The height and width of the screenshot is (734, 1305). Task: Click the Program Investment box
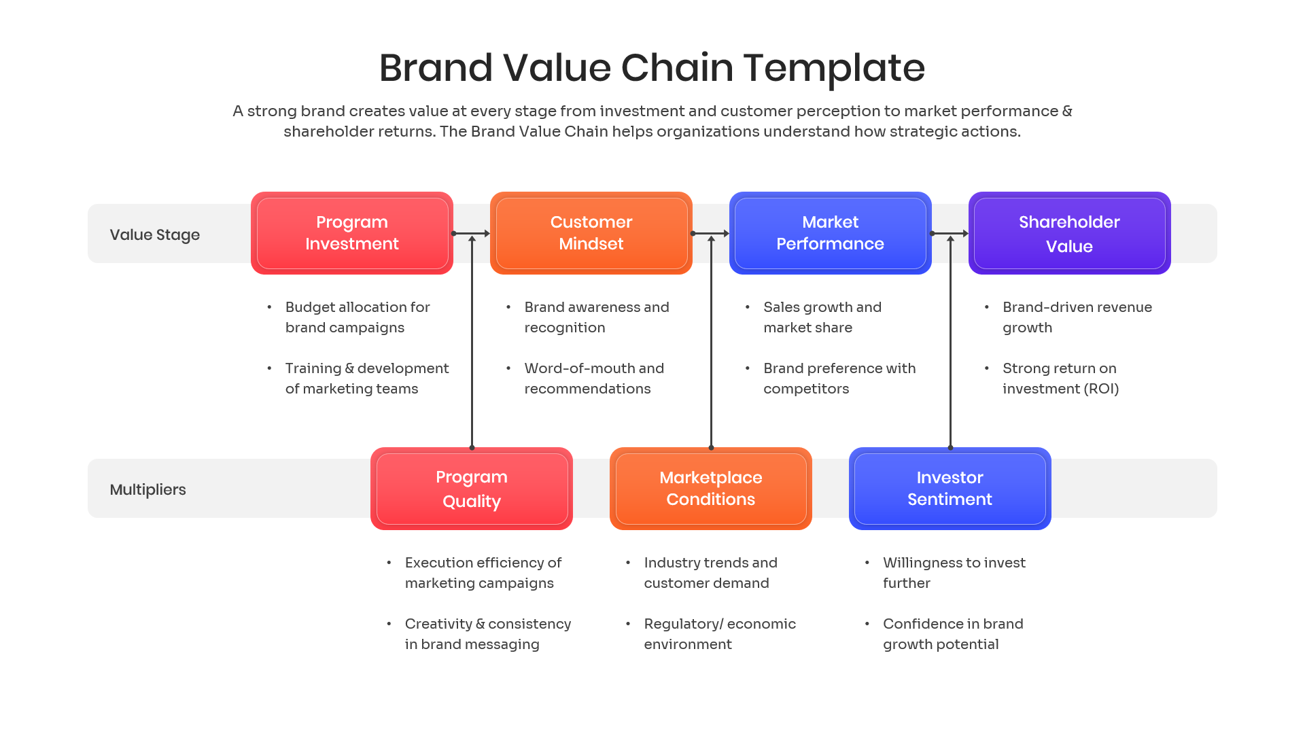tap(351, 233)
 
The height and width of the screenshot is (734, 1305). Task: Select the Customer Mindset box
tap(591, 233)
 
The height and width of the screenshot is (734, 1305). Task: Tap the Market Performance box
tap(830, 233)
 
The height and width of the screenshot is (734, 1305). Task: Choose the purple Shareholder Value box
tap(1069, 233)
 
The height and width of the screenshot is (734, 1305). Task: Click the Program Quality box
tap(471, 489)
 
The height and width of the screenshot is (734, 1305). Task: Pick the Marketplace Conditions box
tap(710, 489)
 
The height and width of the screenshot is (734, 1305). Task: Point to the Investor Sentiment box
tap(950, 489)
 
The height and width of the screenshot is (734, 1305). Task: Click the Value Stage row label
tap(155, 234)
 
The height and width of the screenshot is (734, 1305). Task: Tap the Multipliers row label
tap(147, 489)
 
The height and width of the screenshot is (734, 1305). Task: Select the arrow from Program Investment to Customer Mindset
tap(472, 233)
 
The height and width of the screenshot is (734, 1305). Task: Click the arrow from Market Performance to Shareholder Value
tap(950, 233)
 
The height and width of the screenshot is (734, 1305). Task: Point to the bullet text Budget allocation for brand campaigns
tap(357, 317)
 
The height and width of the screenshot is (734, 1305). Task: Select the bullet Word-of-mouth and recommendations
tap(593, 379)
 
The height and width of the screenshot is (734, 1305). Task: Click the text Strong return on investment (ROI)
tap(1060, 379)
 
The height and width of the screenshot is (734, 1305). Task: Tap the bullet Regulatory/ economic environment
tap(719, 634)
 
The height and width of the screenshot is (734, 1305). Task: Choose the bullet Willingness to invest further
tap(953, 573)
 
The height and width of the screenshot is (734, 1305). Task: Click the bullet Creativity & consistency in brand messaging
tap(487, 634)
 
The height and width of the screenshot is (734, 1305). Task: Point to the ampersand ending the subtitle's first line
tap(1066, 111)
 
